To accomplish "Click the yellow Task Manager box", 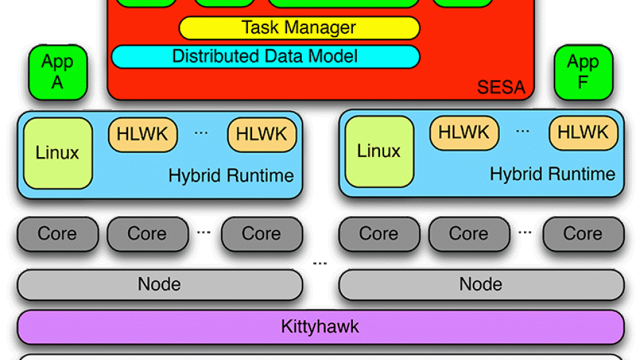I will pyautogui.click(x=299, y=28).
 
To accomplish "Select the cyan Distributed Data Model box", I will pyautogui.click(x=265, y=56).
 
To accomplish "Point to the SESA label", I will pyautogui.click(x=501, y=87).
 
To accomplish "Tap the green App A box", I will pyautogui.click(x=58, y=72).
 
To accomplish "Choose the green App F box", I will pyautogui.click(x=583, y=72).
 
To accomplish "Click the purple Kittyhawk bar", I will pyautogui.click(x=320, y=327).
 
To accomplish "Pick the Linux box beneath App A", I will pyautogui.click(x=58, y=153).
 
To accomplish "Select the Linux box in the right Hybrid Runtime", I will pyautogui.click(x=379, y=152).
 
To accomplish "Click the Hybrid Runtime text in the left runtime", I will pyautogui.click(x=231, y=176).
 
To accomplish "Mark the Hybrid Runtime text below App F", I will pyautogui.click(x=552, y=174).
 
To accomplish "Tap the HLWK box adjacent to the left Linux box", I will pyautogui.click(x=143, y=135).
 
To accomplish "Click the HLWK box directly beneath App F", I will pyautogui.click(x=583, y=133).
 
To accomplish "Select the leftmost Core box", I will pyautogui.click(x=58, y=234).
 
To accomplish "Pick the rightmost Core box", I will pyautogui.click(x=583, y=234).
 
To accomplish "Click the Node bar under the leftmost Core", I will pyautogui.click(x=160, y=285).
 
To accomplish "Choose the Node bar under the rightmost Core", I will pyautogui.click(x=481, y=285).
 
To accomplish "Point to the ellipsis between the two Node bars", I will pyautogui.click(x=320, y=264).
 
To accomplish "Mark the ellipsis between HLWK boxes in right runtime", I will pyautogui.click(x=523, y=132).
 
